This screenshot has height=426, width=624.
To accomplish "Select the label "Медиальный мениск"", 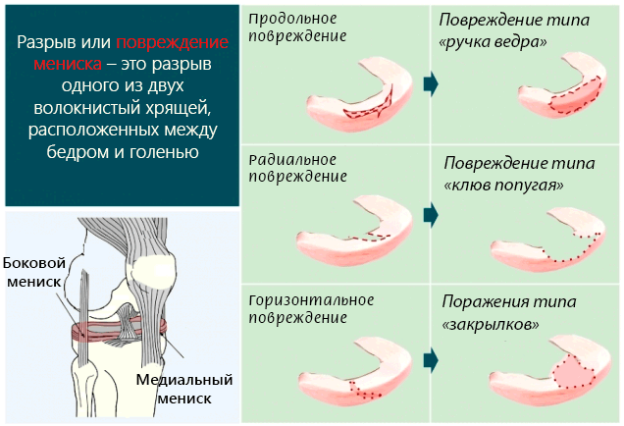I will coord(182,389).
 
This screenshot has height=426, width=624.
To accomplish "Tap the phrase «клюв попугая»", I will coord(504,184).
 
